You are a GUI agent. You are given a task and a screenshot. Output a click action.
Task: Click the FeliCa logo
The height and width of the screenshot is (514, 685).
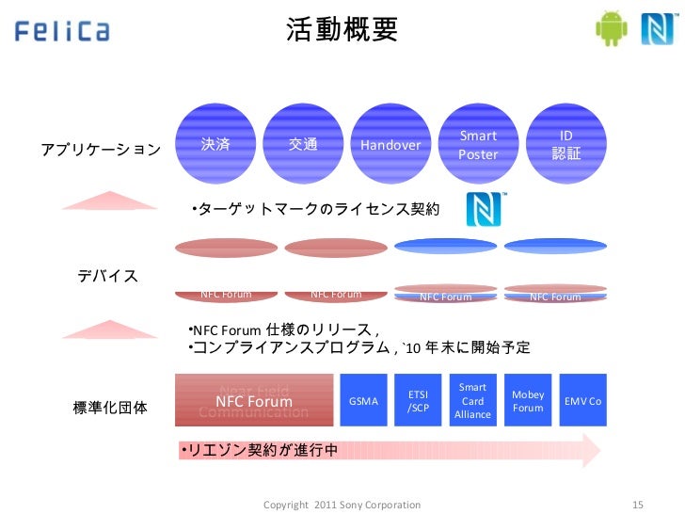click(x=62, y=30)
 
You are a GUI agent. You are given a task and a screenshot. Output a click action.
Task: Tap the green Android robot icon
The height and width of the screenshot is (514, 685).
click(x=612, y=28)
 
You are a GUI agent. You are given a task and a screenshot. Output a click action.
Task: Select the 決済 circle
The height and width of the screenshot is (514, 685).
click(x=215, y=145)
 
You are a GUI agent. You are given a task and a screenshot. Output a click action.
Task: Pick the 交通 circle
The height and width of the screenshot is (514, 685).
click(x=303, y=145)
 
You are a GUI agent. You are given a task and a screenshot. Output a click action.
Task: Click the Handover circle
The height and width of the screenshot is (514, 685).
click(x=390, y=145)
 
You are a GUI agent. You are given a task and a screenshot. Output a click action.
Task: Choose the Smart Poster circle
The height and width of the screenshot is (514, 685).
click(x=478, y=145)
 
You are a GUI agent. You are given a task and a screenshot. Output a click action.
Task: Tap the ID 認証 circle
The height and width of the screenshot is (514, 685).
click(x=566, y=145)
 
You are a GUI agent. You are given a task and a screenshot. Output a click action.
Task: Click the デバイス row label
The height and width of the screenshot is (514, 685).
click(x=106, y=276)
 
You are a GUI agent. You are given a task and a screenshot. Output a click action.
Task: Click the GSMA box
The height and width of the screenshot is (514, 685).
click(x=363, y=401)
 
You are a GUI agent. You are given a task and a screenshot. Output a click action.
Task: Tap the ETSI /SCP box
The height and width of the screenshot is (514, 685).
click(x=418, y=401)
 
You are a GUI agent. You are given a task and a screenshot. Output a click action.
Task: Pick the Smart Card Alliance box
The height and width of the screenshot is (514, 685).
click(x=472, y=401)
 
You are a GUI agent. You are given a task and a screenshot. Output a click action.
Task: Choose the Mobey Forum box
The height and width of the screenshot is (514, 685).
click(x=528, y=401)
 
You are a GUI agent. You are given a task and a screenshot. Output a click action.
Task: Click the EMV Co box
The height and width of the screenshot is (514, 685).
click(x=582, y=401)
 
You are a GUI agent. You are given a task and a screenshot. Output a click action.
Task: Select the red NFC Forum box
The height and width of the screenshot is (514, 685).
click(x=254, y=401)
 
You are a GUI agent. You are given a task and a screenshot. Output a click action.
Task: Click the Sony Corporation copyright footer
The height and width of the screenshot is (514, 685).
click(x=342, y=505)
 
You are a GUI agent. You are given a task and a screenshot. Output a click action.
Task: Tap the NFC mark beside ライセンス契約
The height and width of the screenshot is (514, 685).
click(x=486, y=209)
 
